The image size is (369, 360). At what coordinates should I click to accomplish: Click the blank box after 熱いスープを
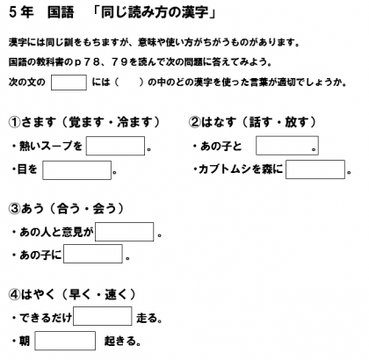115,146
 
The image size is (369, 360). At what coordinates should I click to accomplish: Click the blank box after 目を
76,170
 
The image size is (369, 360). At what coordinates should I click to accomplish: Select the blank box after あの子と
287,146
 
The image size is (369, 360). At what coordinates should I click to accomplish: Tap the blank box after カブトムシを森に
315,169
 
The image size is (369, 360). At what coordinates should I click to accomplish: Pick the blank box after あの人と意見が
125,232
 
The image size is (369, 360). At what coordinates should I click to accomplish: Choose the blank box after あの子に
93,254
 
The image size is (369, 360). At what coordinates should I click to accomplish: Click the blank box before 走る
103,316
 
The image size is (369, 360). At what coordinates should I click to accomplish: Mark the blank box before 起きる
65,341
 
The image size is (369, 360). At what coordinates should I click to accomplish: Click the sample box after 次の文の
69,83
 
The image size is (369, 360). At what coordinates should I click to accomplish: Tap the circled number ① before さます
14,122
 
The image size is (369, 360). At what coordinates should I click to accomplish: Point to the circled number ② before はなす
194,122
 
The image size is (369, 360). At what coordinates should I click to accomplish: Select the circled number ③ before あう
14,209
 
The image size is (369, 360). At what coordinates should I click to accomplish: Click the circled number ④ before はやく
14,294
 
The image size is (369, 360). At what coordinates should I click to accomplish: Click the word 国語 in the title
61,12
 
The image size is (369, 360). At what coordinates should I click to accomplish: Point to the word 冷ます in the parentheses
134,122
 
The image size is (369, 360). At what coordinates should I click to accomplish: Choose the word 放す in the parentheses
297,122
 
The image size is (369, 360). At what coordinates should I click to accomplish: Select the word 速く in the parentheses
117,294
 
